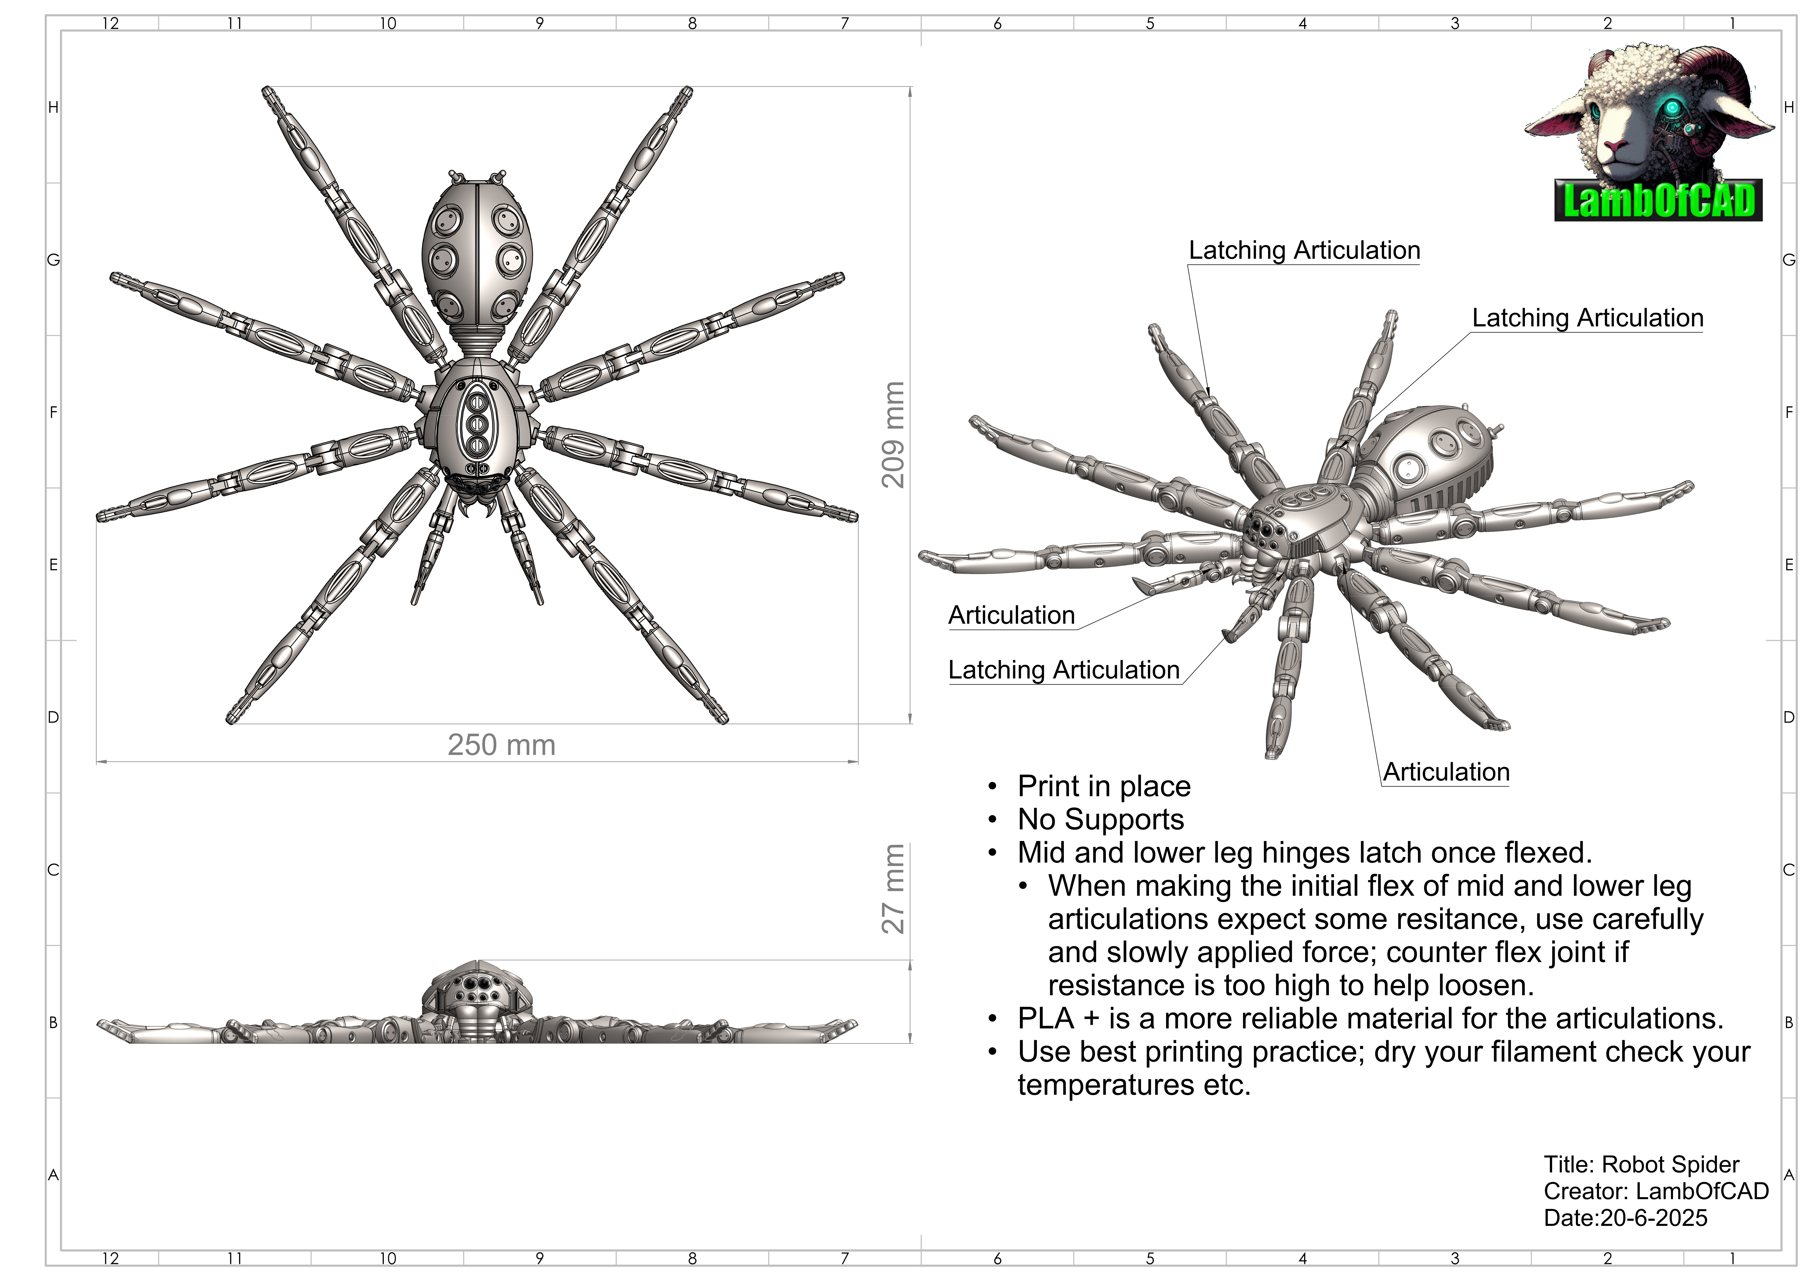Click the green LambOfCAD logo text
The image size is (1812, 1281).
point(1657,200)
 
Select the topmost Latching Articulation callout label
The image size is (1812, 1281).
point(1304,250)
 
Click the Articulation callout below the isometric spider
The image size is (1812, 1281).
point(1446,772)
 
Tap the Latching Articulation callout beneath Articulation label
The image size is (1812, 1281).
point(1063,670)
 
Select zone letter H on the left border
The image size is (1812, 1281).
point(53,107)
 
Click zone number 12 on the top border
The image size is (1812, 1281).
point(111,23)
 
